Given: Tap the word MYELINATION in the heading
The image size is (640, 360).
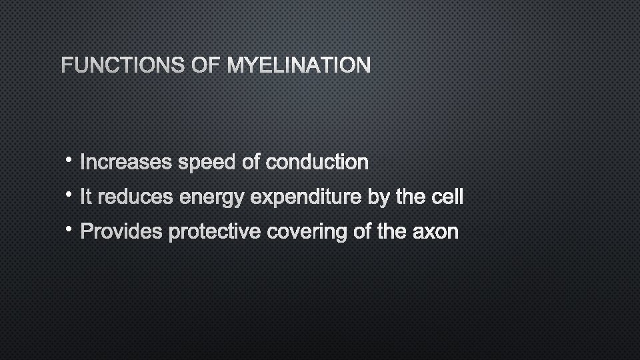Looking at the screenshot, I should point(299,65).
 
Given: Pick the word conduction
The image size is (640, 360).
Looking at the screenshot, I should point(317,162).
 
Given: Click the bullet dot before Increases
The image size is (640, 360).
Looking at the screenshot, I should point(70,160).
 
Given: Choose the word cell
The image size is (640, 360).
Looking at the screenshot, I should point(445,197).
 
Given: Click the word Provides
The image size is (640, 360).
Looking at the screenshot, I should point(121,232).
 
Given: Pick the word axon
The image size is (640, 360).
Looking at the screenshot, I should point(437,232).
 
